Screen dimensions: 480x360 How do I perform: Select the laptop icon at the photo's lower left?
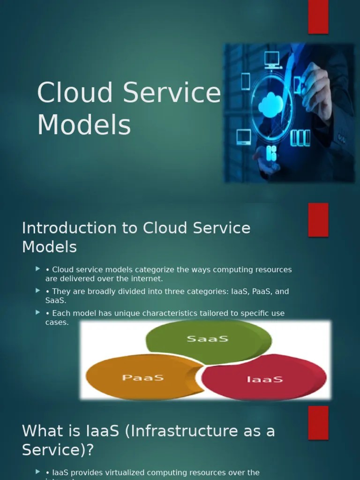(x=243, y=136)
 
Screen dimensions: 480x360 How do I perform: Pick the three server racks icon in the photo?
(x=300, y=137)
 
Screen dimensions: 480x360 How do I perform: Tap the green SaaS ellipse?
(x=208, y=338)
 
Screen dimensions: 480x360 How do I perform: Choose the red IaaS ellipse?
(x=264, y=378)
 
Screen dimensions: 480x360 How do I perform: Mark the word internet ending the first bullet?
(x=147, y=278)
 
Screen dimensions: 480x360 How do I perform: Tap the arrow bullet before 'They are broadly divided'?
(x=38, y=291)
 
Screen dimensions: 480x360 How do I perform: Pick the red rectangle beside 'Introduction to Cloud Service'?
(x=318, y=220)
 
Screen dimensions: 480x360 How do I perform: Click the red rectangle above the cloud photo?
(x=318, y=17)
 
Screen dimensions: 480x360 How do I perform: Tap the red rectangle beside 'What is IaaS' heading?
(x=318, y=423)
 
